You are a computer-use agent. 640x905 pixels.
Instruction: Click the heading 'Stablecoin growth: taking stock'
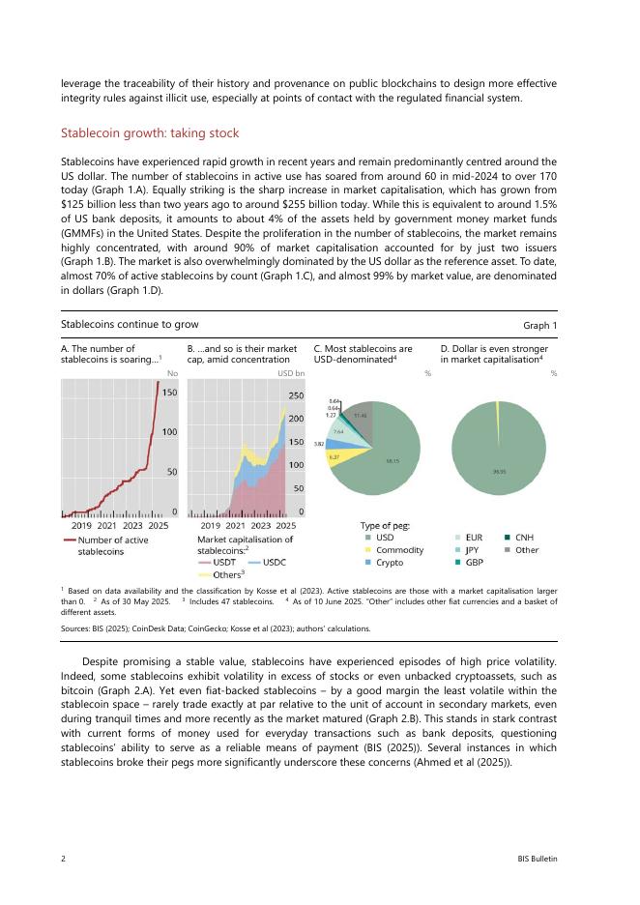point(150,132)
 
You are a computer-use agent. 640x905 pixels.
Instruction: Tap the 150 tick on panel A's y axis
point(168,393)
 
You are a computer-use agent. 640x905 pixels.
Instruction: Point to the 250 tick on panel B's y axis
point(297,395)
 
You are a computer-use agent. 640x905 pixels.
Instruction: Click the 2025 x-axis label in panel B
point(285,525)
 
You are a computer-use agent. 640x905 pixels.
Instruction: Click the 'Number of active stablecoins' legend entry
point(105,544)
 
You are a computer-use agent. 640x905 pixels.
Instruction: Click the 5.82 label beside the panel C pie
point(318,444)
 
